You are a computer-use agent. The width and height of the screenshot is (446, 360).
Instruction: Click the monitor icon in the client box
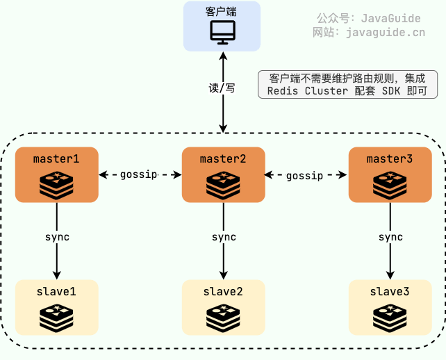(223, 32)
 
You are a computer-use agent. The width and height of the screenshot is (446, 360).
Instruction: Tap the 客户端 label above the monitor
(223, 12)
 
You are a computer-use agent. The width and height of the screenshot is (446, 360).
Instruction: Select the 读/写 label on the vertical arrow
(222, 89)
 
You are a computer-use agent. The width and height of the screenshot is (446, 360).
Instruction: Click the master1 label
(56, 158)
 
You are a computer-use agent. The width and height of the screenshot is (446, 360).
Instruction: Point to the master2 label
(223, 158)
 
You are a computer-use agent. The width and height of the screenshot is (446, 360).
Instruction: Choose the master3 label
(390, 158)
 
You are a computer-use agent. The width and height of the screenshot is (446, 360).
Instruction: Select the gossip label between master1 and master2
(139, 174)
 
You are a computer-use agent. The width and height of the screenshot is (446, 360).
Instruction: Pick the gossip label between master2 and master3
(305, 175)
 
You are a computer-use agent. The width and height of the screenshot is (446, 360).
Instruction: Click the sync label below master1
(57, 237)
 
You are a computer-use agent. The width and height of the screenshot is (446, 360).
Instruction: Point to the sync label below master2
(224, 237)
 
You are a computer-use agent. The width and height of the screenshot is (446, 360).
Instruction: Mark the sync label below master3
(390, 237)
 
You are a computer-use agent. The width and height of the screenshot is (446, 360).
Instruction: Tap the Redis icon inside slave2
(223, 316)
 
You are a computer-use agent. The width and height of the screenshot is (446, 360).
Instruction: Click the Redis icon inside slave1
(56, 316)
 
